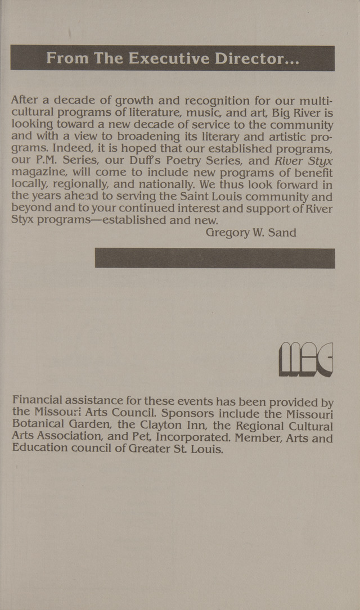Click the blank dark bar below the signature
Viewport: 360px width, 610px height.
pos(214,258)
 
